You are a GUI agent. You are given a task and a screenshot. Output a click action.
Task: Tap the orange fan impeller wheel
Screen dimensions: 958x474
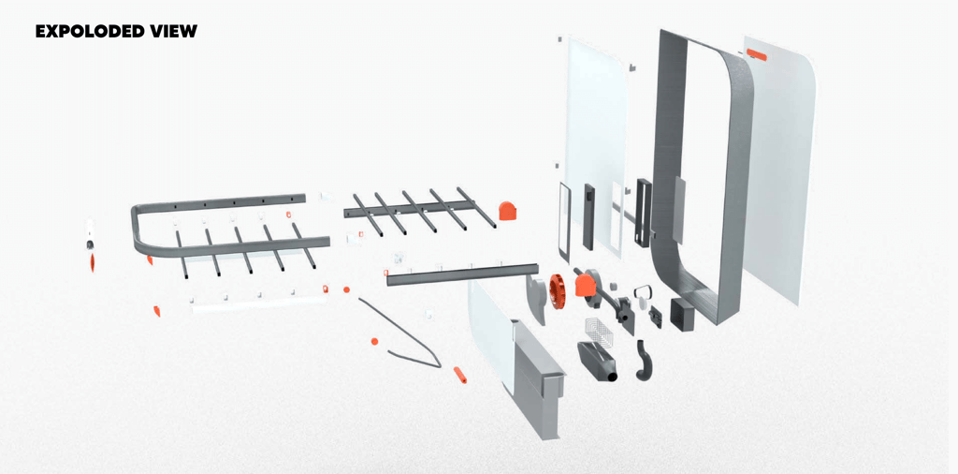pos(558,288)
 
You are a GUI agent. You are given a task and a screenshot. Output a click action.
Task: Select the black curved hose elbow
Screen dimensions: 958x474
pos(644,360)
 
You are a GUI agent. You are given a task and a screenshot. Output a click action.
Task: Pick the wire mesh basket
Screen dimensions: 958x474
pos(598,333)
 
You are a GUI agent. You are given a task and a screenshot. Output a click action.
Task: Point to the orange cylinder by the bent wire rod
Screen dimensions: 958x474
pos(460,375)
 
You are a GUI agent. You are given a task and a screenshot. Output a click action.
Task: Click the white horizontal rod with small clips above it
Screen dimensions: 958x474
pos(259,304)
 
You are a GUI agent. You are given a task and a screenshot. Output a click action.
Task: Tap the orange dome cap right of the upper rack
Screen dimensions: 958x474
pos(508,211)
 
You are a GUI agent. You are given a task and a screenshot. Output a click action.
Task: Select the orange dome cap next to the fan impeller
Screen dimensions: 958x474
pos(586,286)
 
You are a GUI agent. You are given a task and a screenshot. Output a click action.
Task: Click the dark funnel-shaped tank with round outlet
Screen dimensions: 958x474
pos(598,362)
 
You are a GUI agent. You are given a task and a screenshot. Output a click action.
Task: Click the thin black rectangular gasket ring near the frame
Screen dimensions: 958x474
pos(564,221)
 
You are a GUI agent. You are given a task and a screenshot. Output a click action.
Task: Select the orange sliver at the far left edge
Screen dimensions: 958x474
pos(93,263)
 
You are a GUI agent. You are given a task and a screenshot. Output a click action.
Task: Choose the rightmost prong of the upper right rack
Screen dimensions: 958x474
pos(476,207)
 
